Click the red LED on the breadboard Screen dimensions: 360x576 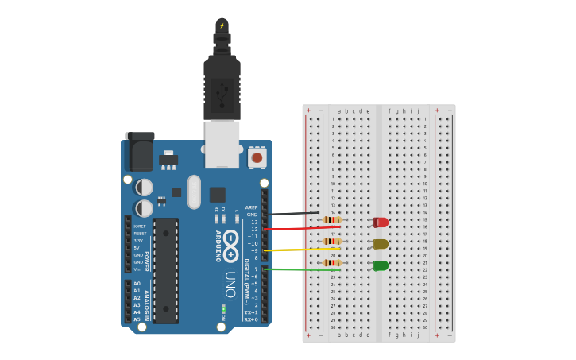pos(381,223)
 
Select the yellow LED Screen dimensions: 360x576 pos(381,244)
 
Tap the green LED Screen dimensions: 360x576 pos(381,265)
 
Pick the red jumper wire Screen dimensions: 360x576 pos(294,228)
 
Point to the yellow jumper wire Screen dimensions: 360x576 pos(294,250)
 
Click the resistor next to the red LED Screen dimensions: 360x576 pos(332,220)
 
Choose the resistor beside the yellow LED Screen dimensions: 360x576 pos(332,241)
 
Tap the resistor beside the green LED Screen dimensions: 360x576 pos(332,262)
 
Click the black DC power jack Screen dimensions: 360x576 pos(139,152)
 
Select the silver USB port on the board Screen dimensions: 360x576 pos(222,143)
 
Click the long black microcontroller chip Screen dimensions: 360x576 pos(165,270)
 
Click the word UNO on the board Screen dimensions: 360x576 pos(230,285)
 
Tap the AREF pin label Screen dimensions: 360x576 pos(252,207)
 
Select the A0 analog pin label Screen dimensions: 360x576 pos(137,284)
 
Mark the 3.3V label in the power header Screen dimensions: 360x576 pos(138,240)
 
